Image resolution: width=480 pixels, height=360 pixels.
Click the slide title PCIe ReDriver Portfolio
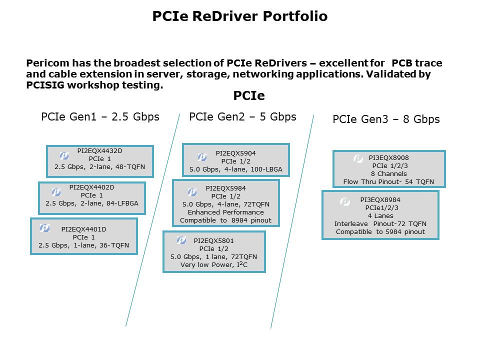point(240,16)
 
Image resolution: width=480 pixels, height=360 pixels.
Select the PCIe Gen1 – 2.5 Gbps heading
point(100,117)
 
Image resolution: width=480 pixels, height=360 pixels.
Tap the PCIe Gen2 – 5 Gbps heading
point(242,117)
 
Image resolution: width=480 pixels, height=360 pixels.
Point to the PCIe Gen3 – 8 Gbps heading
point(386,119)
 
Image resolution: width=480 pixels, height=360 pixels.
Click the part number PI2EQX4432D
point(99,150)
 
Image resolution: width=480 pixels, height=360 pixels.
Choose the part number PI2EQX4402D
point(91,187)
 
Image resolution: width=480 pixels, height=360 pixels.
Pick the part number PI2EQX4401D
point(83,229)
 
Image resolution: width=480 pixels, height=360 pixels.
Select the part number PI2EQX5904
point(235,153)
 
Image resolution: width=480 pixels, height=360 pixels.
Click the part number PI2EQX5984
point(225,188)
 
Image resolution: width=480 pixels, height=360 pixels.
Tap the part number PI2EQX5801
point(213,240)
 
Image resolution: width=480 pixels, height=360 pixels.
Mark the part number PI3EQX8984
point(380,199)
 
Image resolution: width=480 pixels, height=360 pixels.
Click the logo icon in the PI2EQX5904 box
point(202,157)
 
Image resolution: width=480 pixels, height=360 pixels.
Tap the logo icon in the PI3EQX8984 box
point(344,202)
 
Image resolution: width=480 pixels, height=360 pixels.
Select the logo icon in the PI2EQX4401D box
point(44,228)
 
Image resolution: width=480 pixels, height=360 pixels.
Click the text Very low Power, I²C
point(214,265)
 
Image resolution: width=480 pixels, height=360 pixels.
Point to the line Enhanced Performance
point(225,212)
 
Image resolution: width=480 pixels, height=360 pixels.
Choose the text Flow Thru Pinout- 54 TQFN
point(388,182)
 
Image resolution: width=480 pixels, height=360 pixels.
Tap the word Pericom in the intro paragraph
point(47,63)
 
